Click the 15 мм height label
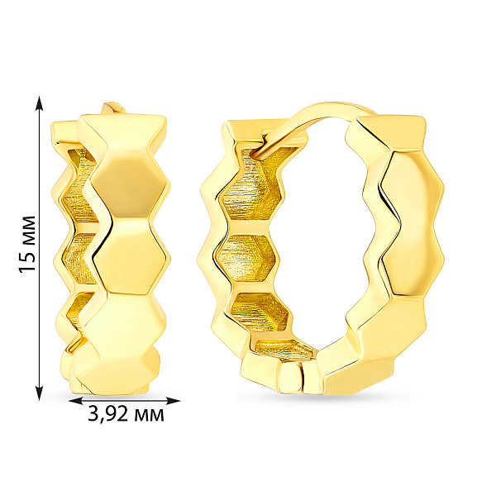pos(27,244)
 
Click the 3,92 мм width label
pos(126,414)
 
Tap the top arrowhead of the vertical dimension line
pos(39,103)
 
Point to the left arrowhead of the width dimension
pos(76,401)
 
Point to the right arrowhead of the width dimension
pos(173,401)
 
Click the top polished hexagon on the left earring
pos(128,187)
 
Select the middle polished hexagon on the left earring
pos(131,255)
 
